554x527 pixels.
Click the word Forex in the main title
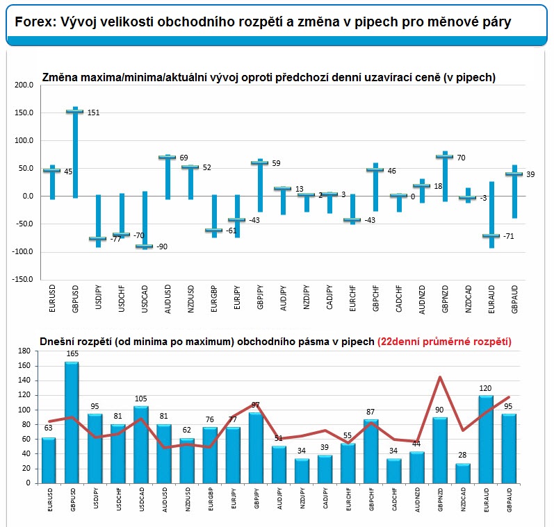[35, 22]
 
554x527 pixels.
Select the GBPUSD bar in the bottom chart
[72, 423]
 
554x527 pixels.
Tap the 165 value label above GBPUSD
[72, 353]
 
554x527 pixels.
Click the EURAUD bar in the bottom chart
[486, 439]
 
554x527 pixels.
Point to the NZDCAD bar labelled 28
[463, 474]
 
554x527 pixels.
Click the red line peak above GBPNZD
[440, 377]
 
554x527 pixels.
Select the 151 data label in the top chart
[94, 112]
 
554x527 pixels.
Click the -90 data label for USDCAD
[162, 246]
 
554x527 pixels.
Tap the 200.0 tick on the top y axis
[24, 85]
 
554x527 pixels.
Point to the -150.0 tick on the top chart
[23, 279]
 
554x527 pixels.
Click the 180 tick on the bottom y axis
[24, 351]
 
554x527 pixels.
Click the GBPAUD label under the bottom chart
[509, 500]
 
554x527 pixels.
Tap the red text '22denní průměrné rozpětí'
[444, 342]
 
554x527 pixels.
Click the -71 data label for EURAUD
[508, 236]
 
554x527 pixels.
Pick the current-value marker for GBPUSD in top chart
[75, 112]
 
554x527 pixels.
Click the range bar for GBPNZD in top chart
[445, 176]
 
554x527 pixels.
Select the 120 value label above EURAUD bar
[485, 388]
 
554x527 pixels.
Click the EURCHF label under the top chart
[352, 299]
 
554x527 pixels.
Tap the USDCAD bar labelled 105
[140, 445]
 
